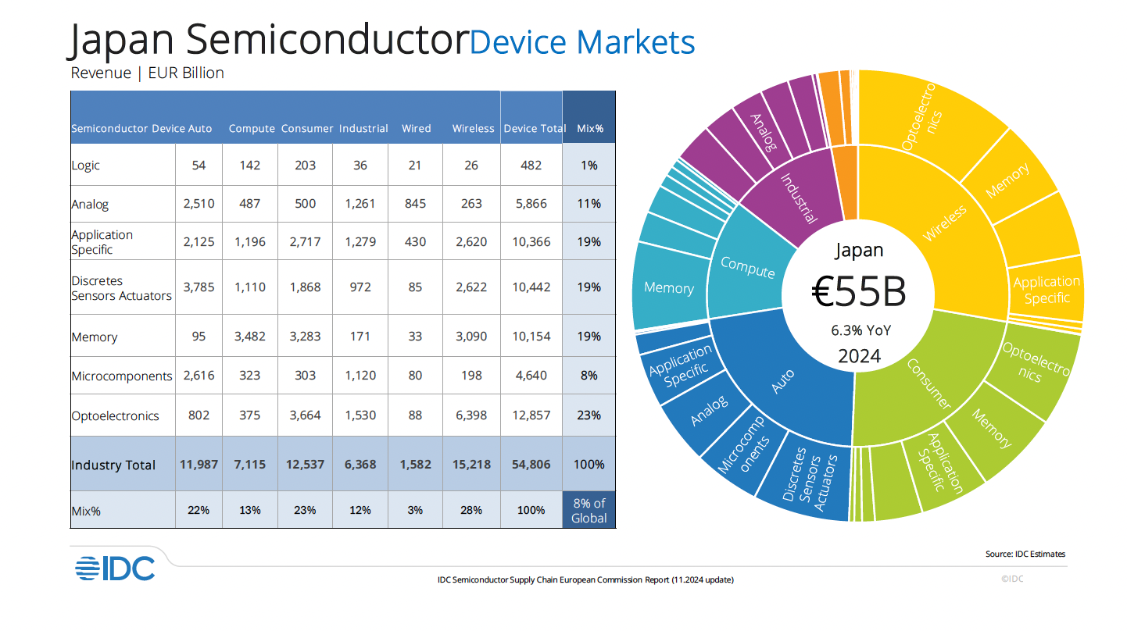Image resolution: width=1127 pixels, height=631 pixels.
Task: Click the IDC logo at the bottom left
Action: point(115,569)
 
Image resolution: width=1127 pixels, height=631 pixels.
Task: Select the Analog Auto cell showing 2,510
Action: point(199,204)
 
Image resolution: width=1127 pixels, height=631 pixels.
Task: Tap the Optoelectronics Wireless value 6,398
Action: point(471,415)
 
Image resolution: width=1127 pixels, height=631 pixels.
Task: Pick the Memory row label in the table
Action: point(94,337)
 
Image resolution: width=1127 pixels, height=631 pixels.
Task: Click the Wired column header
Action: point(416,129)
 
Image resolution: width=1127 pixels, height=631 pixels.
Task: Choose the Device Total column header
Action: point(535,129)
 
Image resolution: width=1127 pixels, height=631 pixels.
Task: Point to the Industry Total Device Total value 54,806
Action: point(531,464)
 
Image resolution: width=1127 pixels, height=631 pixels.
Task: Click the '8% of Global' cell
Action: point(589,510)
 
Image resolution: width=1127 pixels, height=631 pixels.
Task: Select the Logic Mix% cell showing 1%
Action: point(589,165)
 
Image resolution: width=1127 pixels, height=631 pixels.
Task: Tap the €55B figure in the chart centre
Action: point(860,291)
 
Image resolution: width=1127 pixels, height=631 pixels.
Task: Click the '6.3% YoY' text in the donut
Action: point(860,330)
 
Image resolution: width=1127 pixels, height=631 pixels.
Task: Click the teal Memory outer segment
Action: point(669,287)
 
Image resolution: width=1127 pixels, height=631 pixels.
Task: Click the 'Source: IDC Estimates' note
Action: point(1025,554)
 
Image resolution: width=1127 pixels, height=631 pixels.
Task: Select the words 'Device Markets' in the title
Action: point(582,41)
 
